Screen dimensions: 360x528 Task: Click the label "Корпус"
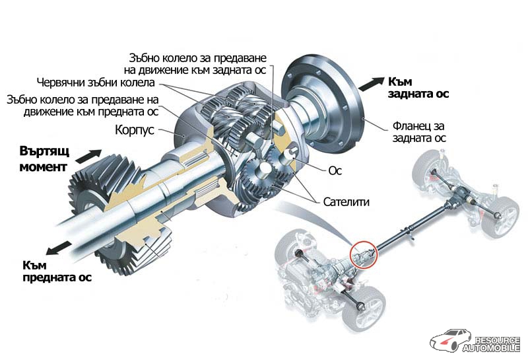click(134, 130)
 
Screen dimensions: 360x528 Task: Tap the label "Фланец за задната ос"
click(416, 131)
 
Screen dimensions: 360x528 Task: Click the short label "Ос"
click(335, 170)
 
